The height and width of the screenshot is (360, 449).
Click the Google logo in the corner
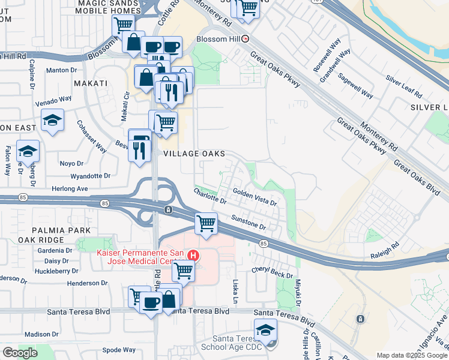(19, 353)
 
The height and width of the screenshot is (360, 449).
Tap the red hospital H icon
(193, 255)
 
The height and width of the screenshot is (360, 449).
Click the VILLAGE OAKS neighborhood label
(194, 154)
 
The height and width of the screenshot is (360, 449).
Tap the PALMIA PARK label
(62, 230)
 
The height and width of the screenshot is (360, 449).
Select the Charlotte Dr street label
(209, 196)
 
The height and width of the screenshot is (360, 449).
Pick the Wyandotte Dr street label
(91, 176)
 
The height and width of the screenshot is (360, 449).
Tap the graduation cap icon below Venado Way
(53, 121)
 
